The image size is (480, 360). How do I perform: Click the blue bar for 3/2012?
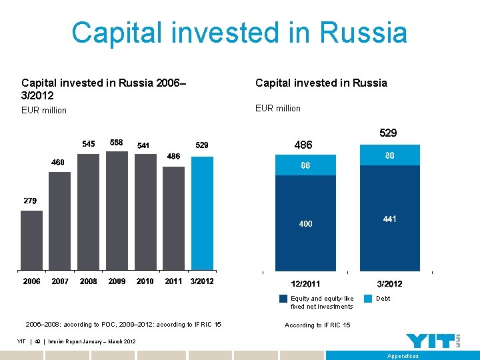click(202, 213)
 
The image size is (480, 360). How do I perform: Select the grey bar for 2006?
click(32, 240)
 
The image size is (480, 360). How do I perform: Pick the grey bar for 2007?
click(60, 220)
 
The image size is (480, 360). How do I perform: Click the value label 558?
click(117, 143)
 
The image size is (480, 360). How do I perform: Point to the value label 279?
click(30, 201)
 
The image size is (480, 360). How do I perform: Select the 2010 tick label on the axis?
click(145, 281)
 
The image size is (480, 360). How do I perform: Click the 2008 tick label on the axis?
click(89, 281)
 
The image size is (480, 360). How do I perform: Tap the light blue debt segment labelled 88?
click(390, 155)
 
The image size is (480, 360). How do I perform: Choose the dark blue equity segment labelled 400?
click(305, 224)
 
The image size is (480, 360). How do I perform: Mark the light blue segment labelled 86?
click(305, 164)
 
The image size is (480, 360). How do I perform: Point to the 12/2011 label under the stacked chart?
click(305, 284)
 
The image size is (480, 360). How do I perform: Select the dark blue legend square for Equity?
click(284, 299)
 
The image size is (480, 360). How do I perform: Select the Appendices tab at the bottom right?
click(403, 356)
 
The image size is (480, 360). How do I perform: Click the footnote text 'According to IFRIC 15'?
click(318, 325)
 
